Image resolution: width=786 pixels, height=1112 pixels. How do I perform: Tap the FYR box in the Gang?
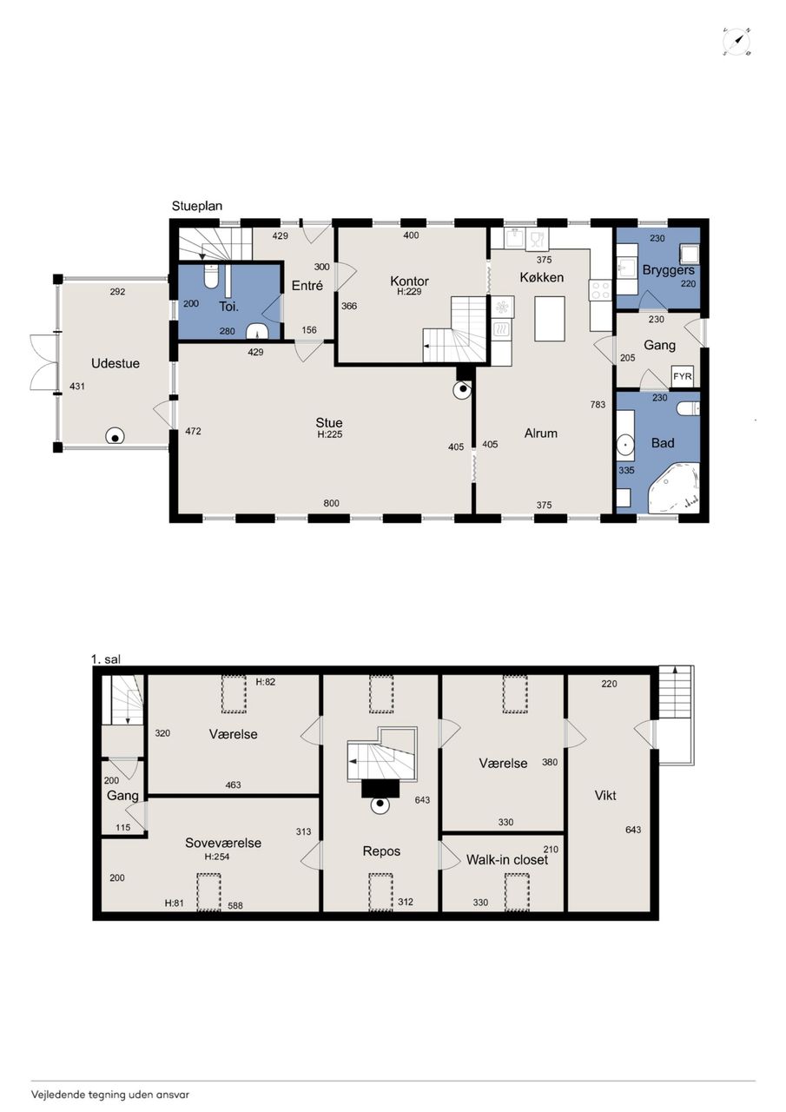coord(683,376)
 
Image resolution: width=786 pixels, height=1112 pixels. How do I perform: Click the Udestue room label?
coord(116,363)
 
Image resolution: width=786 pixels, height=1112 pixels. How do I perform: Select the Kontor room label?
coord(409,281)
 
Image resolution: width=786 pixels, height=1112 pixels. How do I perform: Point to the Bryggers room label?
coord(669,270)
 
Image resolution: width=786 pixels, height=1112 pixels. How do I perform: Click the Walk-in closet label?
coord(506,860)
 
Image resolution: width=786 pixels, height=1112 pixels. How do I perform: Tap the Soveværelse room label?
coord(223,843)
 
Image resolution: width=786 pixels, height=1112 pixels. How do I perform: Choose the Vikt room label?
coord(605,795)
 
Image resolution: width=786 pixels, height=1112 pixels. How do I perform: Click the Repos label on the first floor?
coord(381,851)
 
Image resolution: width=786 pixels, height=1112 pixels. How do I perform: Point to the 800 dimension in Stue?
coord(332,503)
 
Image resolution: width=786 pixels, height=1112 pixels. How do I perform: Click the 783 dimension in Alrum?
coord(598,405)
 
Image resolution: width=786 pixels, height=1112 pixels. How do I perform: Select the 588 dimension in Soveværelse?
coord(235,905)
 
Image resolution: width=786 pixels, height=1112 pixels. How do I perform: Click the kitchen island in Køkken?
coord(550,318)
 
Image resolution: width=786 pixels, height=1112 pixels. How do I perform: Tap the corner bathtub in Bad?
coord(675,488)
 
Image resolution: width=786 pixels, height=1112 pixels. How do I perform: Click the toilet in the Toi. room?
coord(211,277)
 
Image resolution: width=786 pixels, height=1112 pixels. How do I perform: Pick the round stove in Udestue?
coord(116,437)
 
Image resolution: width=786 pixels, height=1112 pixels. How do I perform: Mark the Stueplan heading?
coord(197,206)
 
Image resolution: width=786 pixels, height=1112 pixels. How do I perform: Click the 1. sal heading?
coord(106,659)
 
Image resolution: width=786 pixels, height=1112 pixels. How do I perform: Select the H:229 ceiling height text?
coord(409,292)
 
